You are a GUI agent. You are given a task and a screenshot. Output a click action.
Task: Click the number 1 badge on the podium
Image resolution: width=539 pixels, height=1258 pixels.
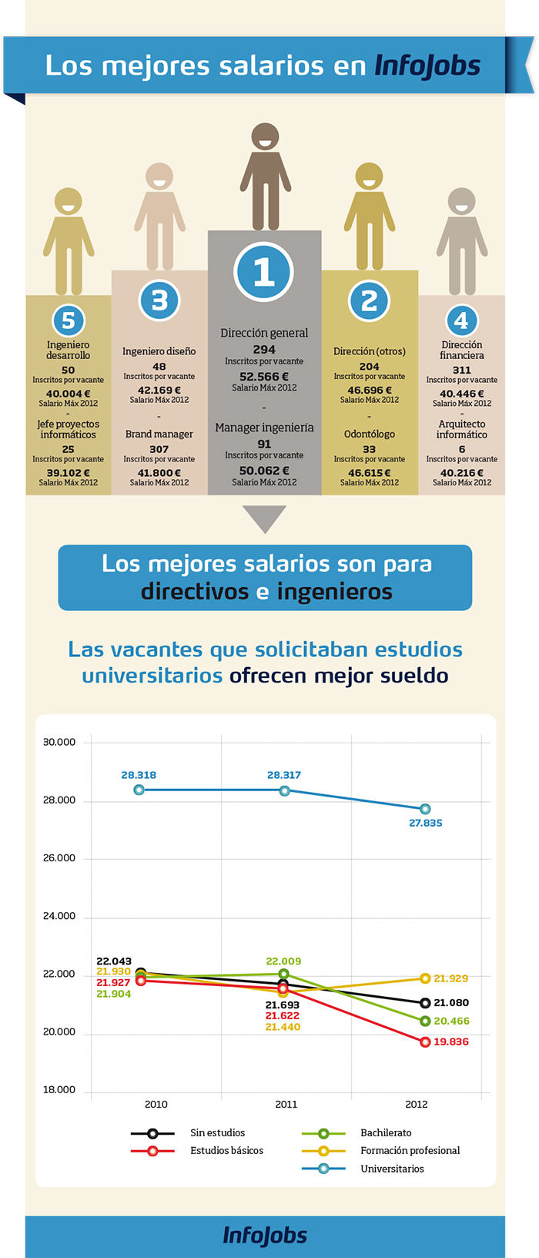pyautogui.click(x=264, y=273)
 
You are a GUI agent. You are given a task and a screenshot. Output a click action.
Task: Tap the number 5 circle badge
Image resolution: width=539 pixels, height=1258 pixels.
pyautogui.click(x=68, y=320)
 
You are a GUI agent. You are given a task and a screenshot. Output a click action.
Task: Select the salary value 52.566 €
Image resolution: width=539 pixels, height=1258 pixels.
pyautogui.click(x=264, y=377)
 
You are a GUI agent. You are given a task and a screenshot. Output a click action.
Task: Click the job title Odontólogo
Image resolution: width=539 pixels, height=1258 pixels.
pyautogui.click(x=369, y=434)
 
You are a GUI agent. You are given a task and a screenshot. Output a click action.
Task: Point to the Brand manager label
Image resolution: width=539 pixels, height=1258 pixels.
pyautogui.click(x=159, y=434)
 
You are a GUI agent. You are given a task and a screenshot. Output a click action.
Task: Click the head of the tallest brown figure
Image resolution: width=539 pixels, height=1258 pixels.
pyautogui.click(x=265, y=139)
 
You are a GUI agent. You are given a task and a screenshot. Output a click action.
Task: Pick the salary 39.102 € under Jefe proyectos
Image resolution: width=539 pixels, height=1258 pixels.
pyautogui.click(x=68, y=473)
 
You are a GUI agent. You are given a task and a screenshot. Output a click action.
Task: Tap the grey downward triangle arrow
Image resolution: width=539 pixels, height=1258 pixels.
pyautogui.click(x=264, y=517)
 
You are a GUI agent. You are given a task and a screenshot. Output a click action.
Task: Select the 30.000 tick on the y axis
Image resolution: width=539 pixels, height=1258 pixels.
pyautogui.click(x=59, y=742)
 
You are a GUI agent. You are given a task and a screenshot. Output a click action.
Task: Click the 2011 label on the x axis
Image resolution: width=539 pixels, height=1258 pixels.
pyautogui.click(x=286, y=1104)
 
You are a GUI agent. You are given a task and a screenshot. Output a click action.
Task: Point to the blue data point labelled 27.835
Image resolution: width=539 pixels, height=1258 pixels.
pyautogui.click(x=425, y=809)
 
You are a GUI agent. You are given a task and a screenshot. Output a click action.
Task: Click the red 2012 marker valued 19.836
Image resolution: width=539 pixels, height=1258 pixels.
pyautogui.click(x=425, y=1042)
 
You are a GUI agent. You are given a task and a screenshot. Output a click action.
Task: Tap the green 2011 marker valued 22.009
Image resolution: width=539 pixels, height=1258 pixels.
pyautogui.click(x=284, y=974)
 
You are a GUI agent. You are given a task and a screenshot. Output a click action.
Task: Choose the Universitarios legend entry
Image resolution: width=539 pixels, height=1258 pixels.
pyautogui.click(x=391, y=1169)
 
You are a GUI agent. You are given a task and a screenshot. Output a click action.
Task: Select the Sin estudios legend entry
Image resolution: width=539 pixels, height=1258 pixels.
pyautogui.click(x=217, y=1132)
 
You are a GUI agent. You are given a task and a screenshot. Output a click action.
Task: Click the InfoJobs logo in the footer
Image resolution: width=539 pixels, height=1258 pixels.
pyautogui.click(x=265, y=1235)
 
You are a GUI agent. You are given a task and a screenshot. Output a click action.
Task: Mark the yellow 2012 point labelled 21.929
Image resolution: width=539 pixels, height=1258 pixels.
pyautogui.click(x=425, y=978)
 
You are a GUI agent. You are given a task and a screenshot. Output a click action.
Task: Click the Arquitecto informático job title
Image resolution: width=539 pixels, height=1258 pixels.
pyautogui.click(x=461, y=429)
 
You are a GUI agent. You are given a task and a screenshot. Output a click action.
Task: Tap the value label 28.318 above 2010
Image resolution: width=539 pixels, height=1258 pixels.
pyautogui.click(x=139, y=775)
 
